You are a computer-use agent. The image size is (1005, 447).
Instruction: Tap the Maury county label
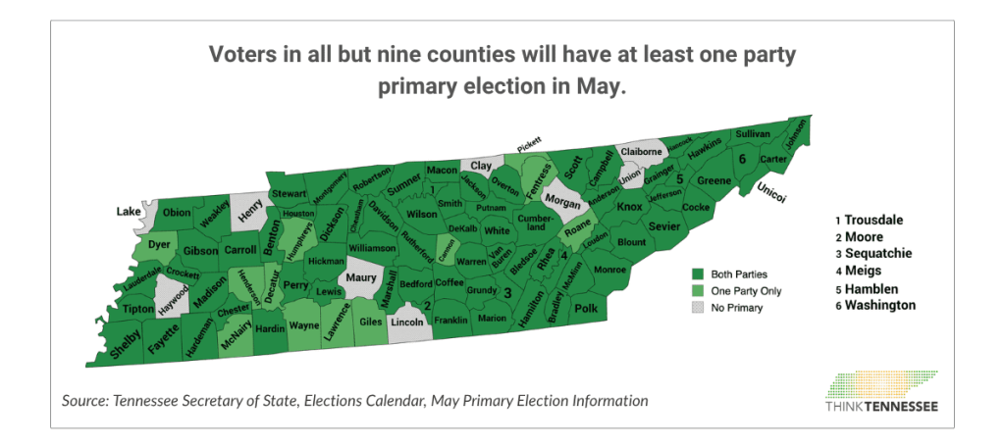coord(361,278)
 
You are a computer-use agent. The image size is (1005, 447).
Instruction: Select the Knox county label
coord(628,207)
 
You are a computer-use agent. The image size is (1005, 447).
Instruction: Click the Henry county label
coord(251,209)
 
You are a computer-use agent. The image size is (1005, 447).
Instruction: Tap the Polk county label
coord(585,310)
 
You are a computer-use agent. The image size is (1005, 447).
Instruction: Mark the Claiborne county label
coord(641,153)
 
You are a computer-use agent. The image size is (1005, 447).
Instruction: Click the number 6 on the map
coord(742,160)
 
